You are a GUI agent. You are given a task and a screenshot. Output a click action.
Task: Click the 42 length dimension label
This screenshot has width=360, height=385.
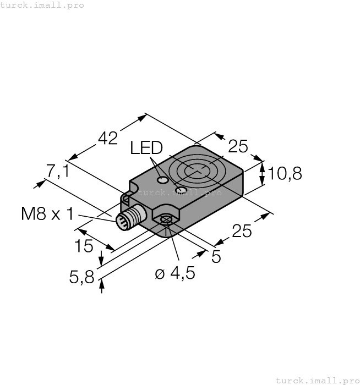point(107,138)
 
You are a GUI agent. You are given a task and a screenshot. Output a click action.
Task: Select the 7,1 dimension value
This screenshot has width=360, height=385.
point(58,172)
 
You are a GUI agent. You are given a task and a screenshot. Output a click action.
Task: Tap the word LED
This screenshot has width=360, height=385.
point(146,148)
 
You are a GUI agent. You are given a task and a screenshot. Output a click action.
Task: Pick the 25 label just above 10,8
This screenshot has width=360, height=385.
point(238,147)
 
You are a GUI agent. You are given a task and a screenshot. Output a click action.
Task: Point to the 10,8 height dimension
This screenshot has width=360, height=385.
point(285,174)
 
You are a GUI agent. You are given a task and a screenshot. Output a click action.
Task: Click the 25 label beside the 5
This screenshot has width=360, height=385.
point(242,232)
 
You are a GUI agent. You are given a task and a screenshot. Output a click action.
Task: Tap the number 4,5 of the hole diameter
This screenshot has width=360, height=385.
point(182,273)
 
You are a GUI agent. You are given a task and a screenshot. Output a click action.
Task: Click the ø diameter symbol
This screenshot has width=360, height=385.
point(160,274)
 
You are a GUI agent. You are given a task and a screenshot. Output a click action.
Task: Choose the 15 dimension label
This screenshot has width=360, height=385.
point(84,246)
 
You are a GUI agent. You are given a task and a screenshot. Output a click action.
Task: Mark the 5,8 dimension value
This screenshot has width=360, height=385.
point(81,278)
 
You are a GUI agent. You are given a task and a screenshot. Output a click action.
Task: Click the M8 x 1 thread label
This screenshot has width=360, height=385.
point(47,213)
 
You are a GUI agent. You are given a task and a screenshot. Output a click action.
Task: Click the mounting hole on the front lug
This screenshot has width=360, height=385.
point(166,221)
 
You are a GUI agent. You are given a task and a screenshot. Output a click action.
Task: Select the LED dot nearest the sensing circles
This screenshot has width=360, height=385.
point(179,190)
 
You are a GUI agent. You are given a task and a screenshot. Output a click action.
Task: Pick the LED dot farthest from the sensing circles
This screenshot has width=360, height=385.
point(162,180)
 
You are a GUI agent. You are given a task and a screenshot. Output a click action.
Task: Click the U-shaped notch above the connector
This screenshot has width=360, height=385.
point(126,196)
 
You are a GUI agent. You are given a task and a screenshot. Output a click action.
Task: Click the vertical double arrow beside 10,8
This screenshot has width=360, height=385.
point(263,174)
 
